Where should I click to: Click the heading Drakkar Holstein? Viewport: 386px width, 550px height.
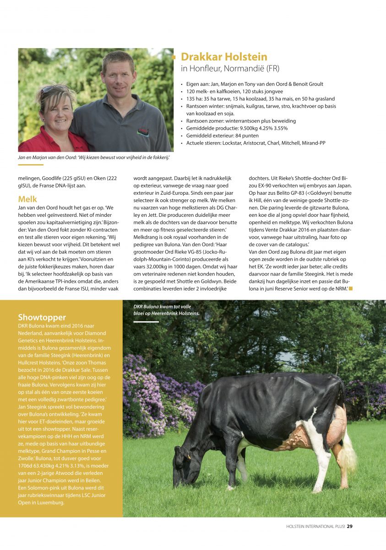[x=224, y=57]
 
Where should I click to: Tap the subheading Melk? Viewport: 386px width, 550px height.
[x=27, y=199]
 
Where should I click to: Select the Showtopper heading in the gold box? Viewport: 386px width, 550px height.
[x=42, y=317]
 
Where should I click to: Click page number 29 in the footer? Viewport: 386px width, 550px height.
[x=349, y=526]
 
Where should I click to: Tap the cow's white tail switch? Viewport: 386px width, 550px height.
[x=351, y=454]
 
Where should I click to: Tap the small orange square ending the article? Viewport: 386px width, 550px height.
[x=351, y=288]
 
